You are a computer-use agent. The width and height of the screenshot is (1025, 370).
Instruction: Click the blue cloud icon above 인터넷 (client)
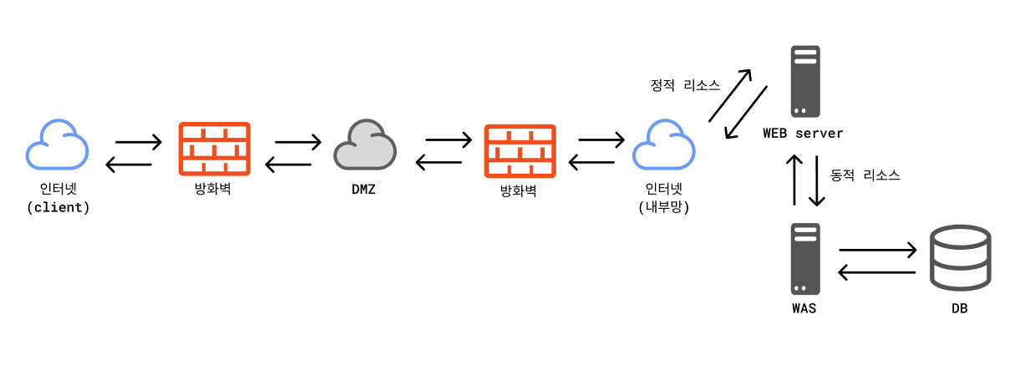click(57, 146)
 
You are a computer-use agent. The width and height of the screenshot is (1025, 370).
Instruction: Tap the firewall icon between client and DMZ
click(215, 150)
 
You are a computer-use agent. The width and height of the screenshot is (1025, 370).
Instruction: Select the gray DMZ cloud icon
click(365, 146)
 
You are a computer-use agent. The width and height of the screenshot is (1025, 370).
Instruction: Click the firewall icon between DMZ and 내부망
click(520, 151)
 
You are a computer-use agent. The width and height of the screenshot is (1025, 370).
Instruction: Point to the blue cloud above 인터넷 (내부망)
click(663, 146)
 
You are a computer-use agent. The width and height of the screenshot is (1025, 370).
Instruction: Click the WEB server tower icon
click(804, 82)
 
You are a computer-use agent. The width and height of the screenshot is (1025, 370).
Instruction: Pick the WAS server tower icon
click(804, 260)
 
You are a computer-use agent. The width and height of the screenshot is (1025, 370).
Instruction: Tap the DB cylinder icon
click(959, 258)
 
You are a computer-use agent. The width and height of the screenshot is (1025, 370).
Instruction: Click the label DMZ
click(363, 190)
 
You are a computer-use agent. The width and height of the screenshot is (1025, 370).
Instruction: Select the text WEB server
click(803, 134)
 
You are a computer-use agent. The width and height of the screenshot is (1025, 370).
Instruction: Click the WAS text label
click(804, 309)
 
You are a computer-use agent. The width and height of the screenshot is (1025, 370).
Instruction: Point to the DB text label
click(959, 309)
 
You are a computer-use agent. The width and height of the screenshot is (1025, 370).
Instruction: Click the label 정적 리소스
click(685, 85)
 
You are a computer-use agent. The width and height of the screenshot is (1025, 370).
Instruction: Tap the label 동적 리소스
click(865, 176)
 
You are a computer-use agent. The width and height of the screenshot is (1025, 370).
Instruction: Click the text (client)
click(58, 207)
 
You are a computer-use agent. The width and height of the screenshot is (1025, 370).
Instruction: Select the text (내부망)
click(662, 207)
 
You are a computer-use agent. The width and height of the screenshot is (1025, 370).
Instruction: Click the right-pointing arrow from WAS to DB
click(878, 250)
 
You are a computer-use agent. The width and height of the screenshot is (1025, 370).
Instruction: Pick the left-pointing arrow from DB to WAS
click(876, 271)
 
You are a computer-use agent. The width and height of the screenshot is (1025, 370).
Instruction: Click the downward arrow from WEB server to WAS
click(816, 180)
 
